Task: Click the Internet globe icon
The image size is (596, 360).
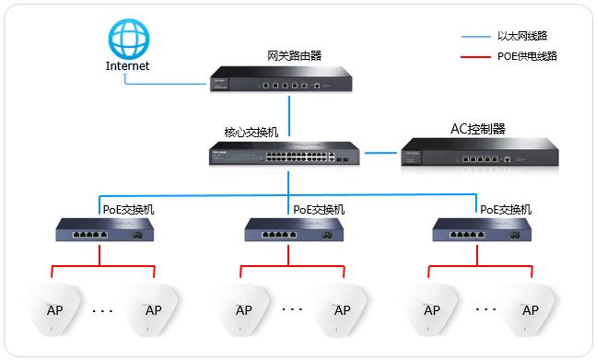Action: pos(127,40)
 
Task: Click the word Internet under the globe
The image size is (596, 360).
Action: pos(127,66)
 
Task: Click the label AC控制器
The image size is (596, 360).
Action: pos(478,128)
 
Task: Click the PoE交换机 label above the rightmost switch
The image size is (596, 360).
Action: pos(506,209)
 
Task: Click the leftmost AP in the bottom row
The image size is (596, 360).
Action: pos(54,308)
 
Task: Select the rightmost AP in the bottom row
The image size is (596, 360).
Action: pos(529,308)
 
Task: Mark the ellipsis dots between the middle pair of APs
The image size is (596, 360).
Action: pos(290,309)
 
